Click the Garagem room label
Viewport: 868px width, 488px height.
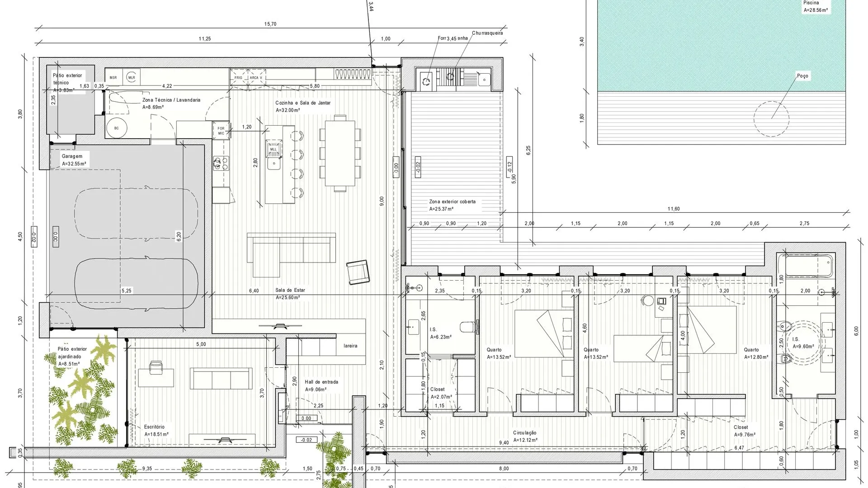(x=72, y=156)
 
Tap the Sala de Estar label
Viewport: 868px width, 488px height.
(x=290, y=291)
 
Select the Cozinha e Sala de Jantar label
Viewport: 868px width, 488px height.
(x=303, y=103)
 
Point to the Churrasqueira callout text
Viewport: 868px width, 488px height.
(x=487, y=33)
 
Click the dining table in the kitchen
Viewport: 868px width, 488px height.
(x=340, y=150)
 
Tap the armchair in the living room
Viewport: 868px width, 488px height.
(x=358, y=272)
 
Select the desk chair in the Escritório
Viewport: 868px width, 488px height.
(x=156, y=367)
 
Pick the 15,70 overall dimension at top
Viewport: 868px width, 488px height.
(x=270, y=24)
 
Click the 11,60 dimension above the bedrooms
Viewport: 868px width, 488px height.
(x=674, y=209)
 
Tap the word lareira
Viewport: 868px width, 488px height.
(x=350, y=346)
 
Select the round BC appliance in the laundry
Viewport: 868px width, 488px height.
(x=116, y=128)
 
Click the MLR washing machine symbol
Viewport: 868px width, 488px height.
(x=132, y=77)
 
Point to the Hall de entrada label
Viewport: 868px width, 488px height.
(x=321, y=382)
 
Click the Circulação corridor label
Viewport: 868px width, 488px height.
(x=524, y=433)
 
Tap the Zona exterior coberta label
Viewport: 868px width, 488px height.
(x=452, y=202)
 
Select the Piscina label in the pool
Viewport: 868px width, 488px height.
(x=811, y=3)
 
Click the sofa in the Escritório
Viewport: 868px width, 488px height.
(x=221, y=378)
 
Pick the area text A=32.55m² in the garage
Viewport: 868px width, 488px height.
(x=74, y=164)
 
